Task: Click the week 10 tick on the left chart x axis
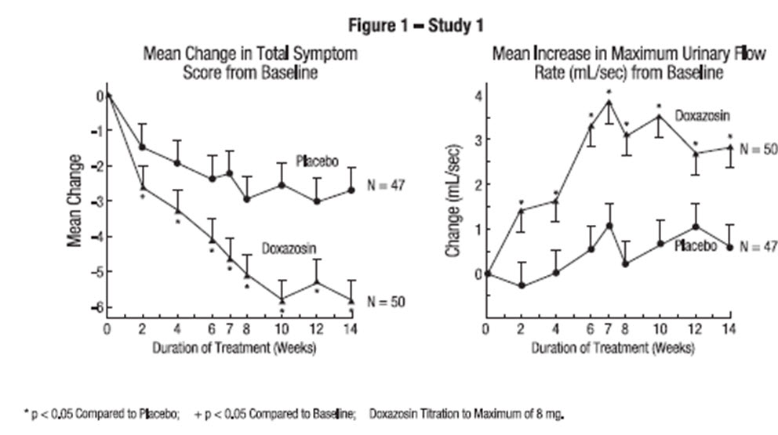click(282, 328)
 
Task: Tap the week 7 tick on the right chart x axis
click(608, 328)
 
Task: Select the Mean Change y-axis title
click(75, 201)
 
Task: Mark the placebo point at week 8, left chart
click(247, 199)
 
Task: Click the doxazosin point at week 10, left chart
click(282, 299)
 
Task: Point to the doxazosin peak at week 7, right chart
click(608, 102)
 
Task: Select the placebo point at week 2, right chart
click(522, 285)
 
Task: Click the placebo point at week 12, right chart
click(694, 227)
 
